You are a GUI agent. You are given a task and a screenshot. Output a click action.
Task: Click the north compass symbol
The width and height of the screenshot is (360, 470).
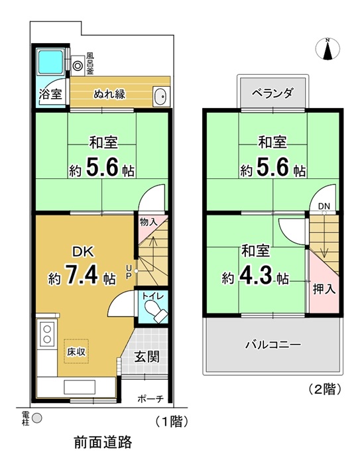(328, 48)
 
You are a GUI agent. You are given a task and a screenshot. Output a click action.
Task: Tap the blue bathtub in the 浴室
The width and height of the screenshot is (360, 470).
(50, 62)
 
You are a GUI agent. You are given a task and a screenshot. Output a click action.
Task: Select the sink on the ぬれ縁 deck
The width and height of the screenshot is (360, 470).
(161, 96)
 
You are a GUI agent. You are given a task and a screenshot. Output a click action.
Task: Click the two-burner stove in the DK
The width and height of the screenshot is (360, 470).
(47, 334)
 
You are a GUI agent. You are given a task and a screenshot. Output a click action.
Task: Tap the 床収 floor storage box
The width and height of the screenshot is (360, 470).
(76, 351)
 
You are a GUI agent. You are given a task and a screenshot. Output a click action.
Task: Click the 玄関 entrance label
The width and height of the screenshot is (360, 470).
(147, 357)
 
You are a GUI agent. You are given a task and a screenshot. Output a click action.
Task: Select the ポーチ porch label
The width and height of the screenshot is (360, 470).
(150, 398)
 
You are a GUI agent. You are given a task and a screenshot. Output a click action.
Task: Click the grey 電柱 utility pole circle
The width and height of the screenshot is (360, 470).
(37, 418)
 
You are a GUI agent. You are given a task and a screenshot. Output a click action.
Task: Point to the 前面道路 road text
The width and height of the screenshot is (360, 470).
(103, 442)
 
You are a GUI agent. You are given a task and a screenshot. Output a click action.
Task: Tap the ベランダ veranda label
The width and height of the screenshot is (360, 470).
(272, 93)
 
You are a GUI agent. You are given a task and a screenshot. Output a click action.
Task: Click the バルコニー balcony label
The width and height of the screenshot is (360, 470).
(273, 345)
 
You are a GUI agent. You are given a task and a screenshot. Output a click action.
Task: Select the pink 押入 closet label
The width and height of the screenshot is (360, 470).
(324, 289)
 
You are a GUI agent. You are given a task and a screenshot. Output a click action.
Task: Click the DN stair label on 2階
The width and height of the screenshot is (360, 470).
(324, 206)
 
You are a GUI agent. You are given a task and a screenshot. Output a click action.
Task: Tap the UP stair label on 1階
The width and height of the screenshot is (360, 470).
(129, 272)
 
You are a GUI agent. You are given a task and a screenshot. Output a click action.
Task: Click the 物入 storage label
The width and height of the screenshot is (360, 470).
(149, 222)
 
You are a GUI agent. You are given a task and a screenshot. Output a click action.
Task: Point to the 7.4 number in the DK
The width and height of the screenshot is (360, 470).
(81, 274)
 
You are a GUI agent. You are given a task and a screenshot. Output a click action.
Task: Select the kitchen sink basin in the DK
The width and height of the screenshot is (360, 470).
(80, 387)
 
